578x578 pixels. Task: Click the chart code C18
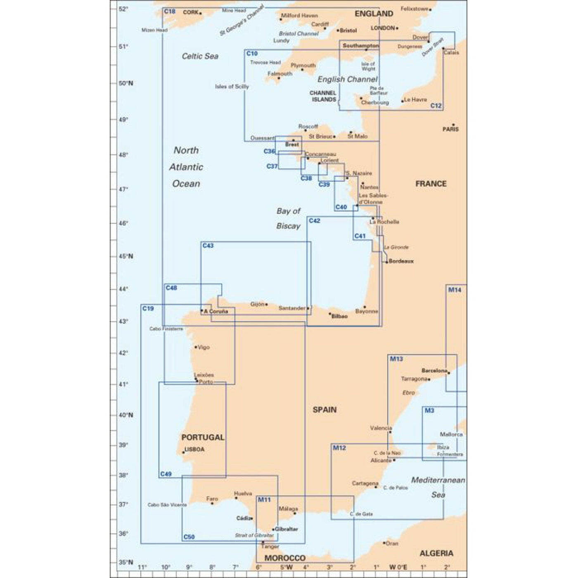click(x=170, y=12)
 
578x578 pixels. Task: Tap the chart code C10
click(x=252, y=54)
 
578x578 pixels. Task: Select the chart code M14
click(x=455, y=290)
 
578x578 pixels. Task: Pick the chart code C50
click(x=189, y=537)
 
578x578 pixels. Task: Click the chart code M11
click(x=264, y=500)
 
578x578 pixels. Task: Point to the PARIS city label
click(x=450, y=129)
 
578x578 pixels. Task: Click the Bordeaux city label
click(x=401, y=261)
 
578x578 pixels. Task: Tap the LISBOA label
click(x=194, y=449)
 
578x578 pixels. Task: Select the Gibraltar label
click(x=286, y=529)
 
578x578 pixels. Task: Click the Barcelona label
click(x=434, y=371)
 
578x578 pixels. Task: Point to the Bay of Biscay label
click(x=288, y=218)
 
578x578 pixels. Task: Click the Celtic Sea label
click(x=200, y=56)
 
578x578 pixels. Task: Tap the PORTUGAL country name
click(x=203, y=437)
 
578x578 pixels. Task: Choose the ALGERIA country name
click(x=436, y=553)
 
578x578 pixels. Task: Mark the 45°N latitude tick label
click(x=126, y=256)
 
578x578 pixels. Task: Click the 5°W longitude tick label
click(x=286, y=567)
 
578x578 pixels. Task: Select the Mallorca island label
click(x=451, y=434)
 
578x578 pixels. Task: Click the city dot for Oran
click(x=384, y=543)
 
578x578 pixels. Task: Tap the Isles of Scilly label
click(x=232, y=87)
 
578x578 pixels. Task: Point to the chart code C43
click(x=208, y=246)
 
